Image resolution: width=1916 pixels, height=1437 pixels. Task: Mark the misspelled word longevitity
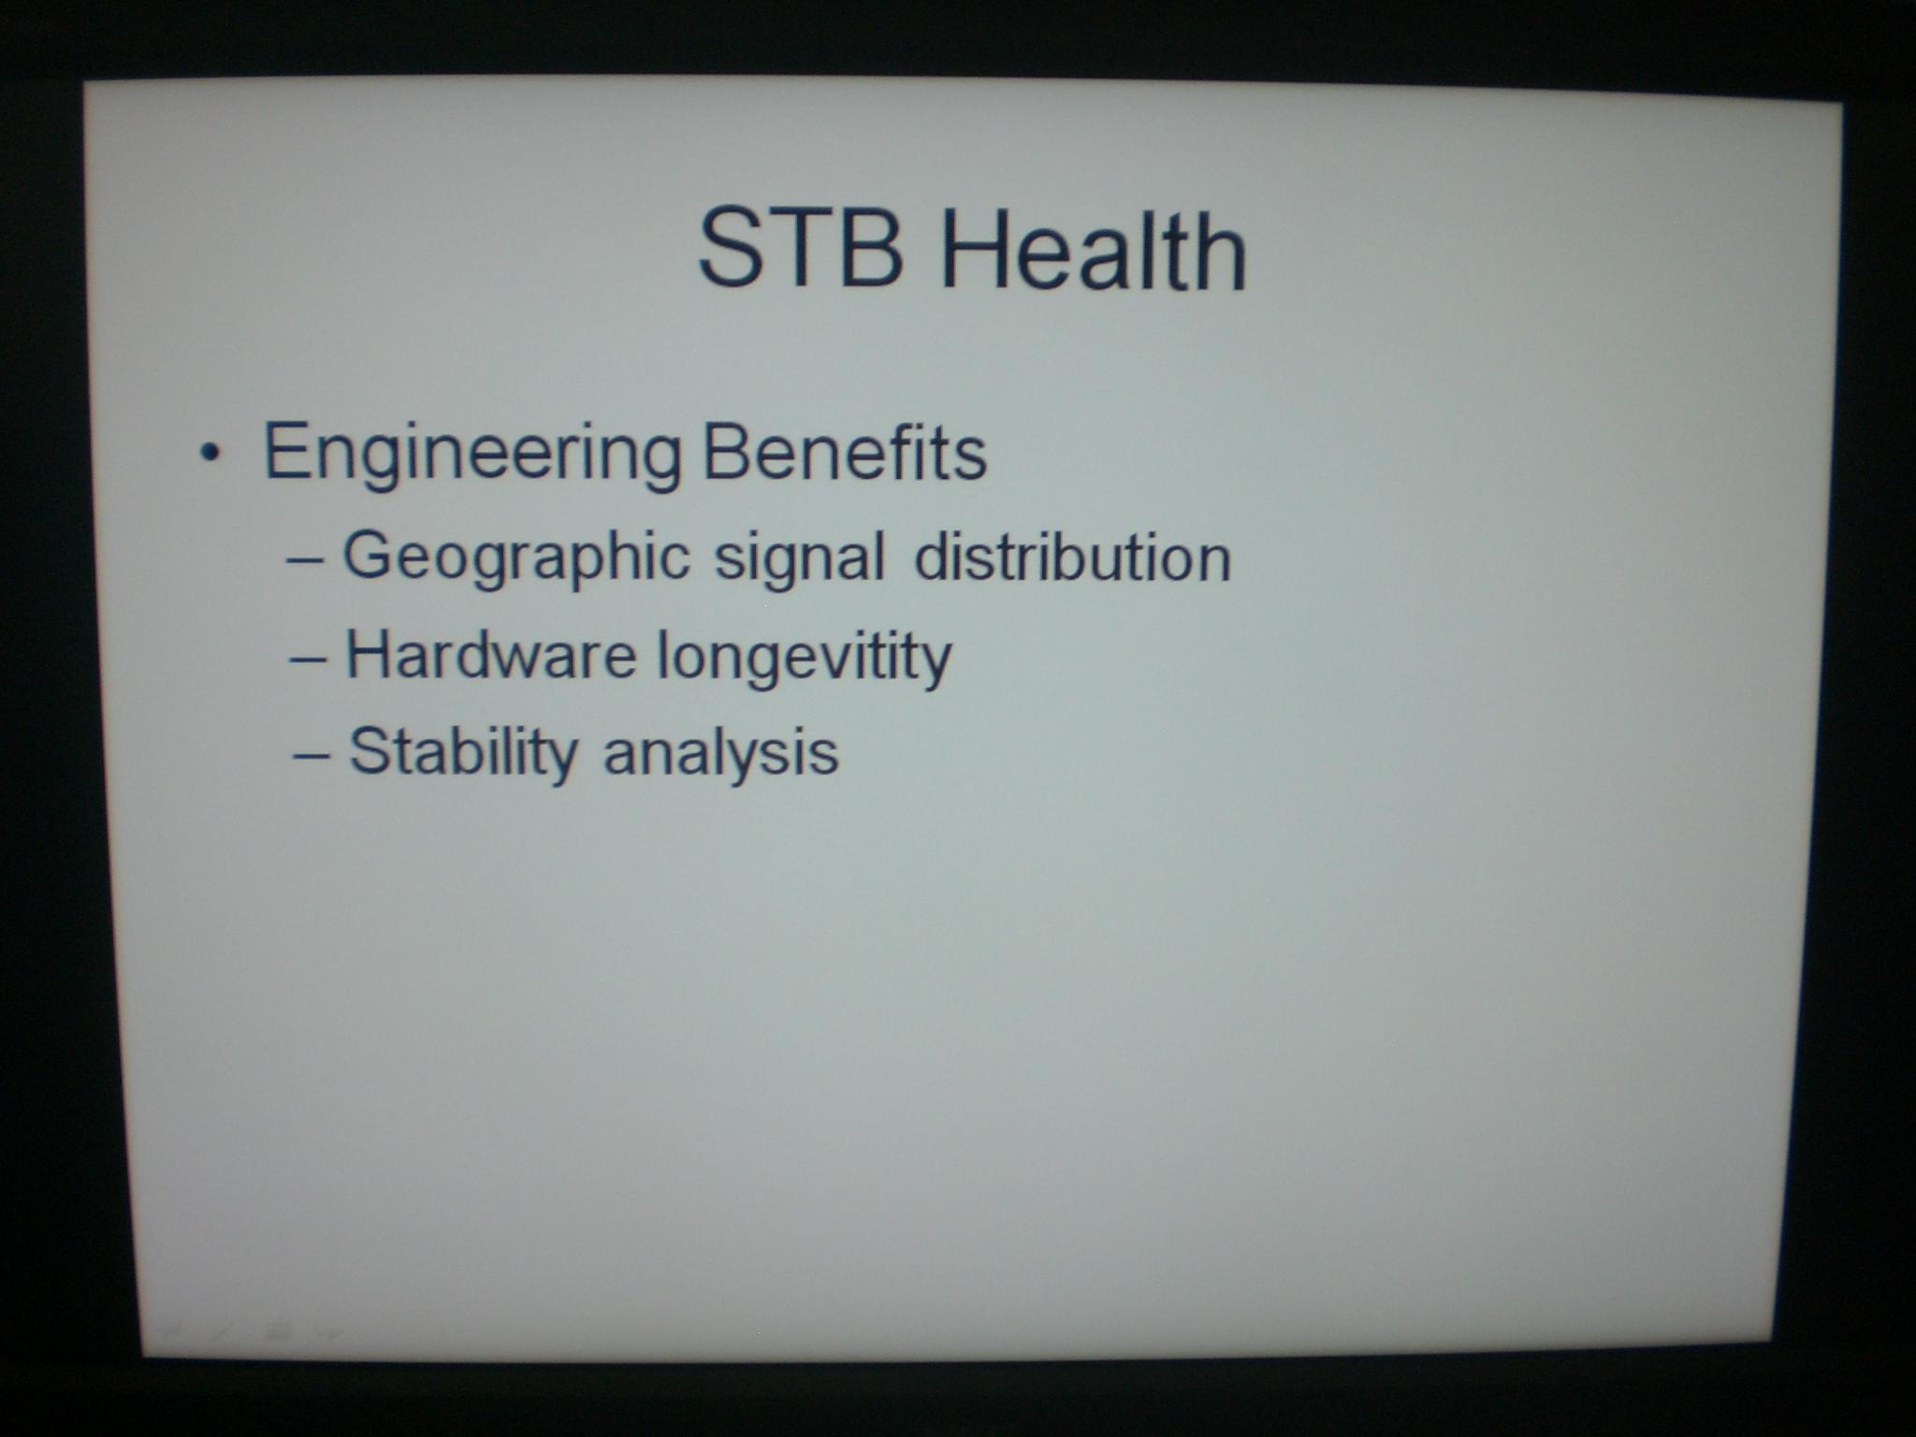pos(805,659)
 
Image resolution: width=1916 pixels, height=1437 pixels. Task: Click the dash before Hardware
pos(310,658)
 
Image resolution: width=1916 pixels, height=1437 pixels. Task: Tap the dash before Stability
pos(312,755)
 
